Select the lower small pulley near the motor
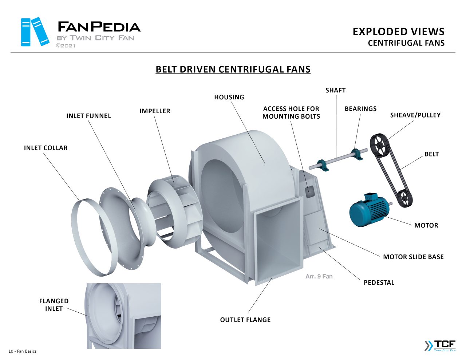[x=404, y=198]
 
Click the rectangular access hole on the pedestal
[x=309, y=190]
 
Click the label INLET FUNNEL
[x=88, y=116]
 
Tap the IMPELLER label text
[x=155, y=111]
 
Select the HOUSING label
[x=229, y=97]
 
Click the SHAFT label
[x=335, y=90]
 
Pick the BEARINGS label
[x=360, y=109]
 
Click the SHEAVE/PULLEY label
[x=415, y=115]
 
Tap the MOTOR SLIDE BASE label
[x=413, y=257]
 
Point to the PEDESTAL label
[x=379, y=282]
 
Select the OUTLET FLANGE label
[x=245, y=320]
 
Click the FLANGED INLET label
[x=54, y=305]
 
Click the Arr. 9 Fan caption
[x=319, y=276]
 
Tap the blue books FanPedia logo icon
[x=35, y=32]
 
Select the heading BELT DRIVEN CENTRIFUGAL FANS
[x=233, y=69]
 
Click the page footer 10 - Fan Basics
[x=23, y=351]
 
